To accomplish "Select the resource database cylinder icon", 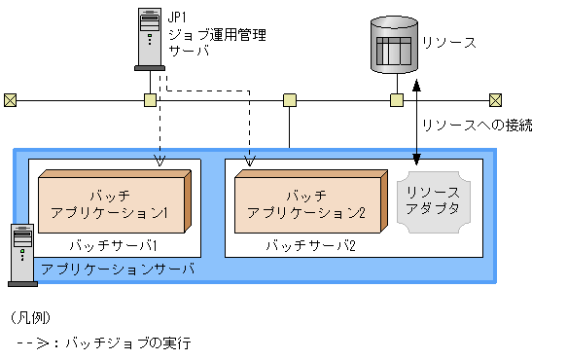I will point(396,45).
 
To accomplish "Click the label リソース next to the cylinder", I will point(449,43).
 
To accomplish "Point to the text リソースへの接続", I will point(477,126).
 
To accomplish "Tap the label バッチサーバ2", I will point(311,245).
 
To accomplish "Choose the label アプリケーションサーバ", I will point(119,268).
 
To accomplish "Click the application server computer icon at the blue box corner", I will point(21,254).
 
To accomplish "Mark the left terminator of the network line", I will point(11,99).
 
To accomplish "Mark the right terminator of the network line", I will point(496,99).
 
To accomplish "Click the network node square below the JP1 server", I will point(150,99).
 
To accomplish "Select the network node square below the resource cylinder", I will point(397,99).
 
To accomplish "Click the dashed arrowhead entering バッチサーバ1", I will point(160,162).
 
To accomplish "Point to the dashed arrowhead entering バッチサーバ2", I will point(250,162).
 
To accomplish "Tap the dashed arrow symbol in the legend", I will point(35,343).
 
